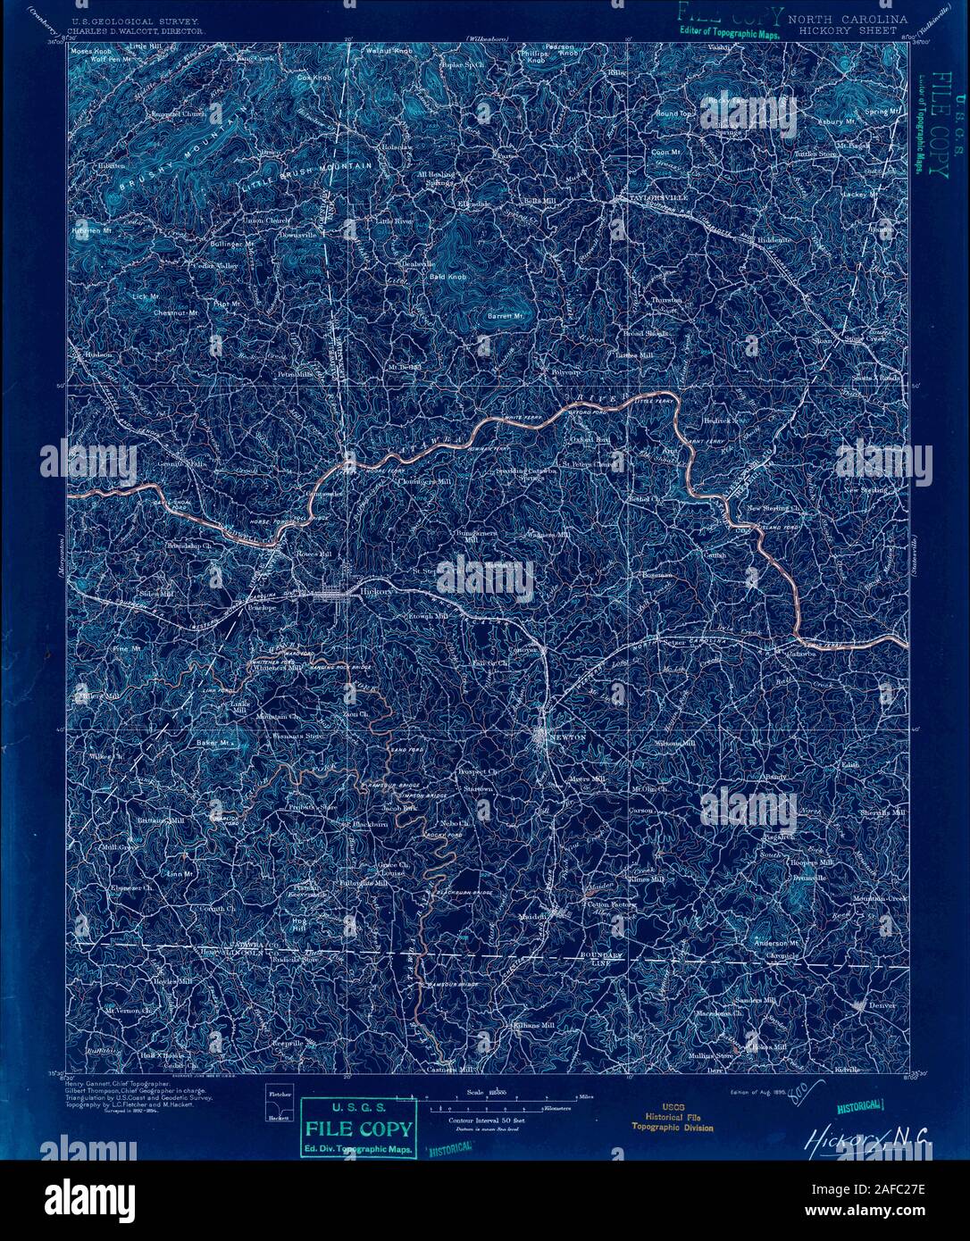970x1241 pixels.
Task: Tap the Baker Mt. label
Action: (x=214, y=742)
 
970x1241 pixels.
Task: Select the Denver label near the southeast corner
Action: (x=882, y=1005)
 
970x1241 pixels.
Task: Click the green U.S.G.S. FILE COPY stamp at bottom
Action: (x=358, y=1127)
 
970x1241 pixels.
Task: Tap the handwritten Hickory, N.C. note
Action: (x=867, y=1137)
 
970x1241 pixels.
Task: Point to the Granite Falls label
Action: (x=183, y=465)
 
